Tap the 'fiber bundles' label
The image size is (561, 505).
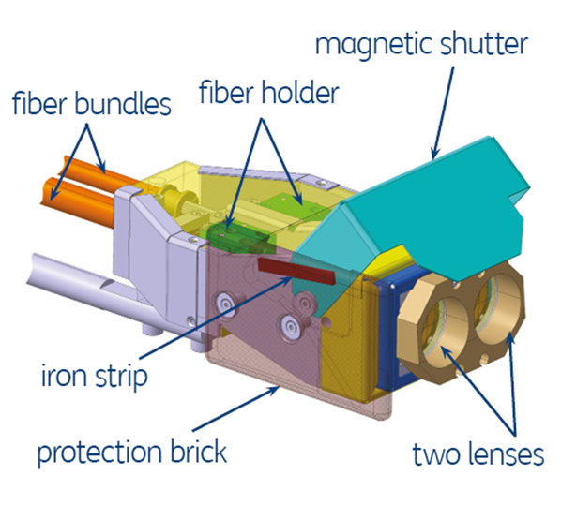(x=92, y=104)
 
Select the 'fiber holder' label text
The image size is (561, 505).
(x=269, y=92)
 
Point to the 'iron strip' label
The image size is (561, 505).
(x=95, y=376)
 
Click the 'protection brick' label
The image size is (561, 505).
(x=132, y=453)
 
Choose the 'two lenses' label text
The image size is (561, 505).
(x=478, y=453)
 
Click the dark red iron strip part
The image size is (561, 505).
(x=296, y=271)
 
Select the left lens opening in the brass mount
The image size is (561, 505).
(x=445, y=327)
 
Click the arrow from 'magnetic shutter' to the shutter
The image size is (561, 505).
(x=443, y=112)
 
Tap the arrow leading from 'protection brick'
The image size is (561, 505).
(x=235, y=408)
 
